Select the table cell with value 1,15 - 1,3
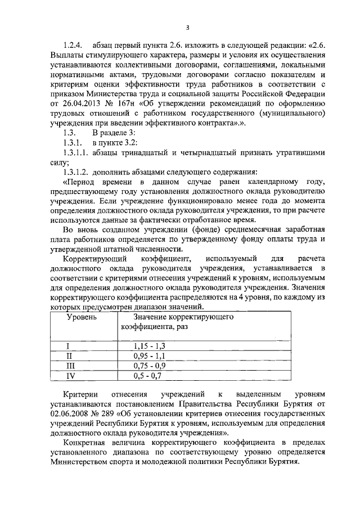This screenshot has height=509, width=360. (x=150, y=346)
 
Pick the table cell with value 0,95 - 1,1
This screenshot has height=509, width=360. (x=150, y=356)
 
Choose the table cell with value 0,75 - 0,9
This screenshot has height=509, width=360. (x=150, y=366)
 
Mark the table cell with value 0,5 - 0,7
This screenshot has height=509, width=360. (x=147, y=375)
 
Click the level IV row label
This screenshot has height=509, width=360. (x=70, y=375)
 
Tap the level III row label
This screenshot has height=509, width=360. (x=70, y=366)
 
